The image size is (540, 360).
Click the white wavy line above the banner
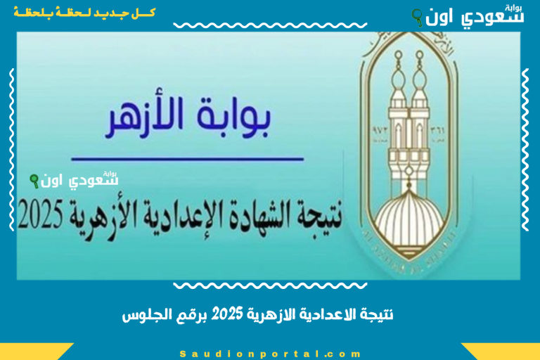270,26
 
